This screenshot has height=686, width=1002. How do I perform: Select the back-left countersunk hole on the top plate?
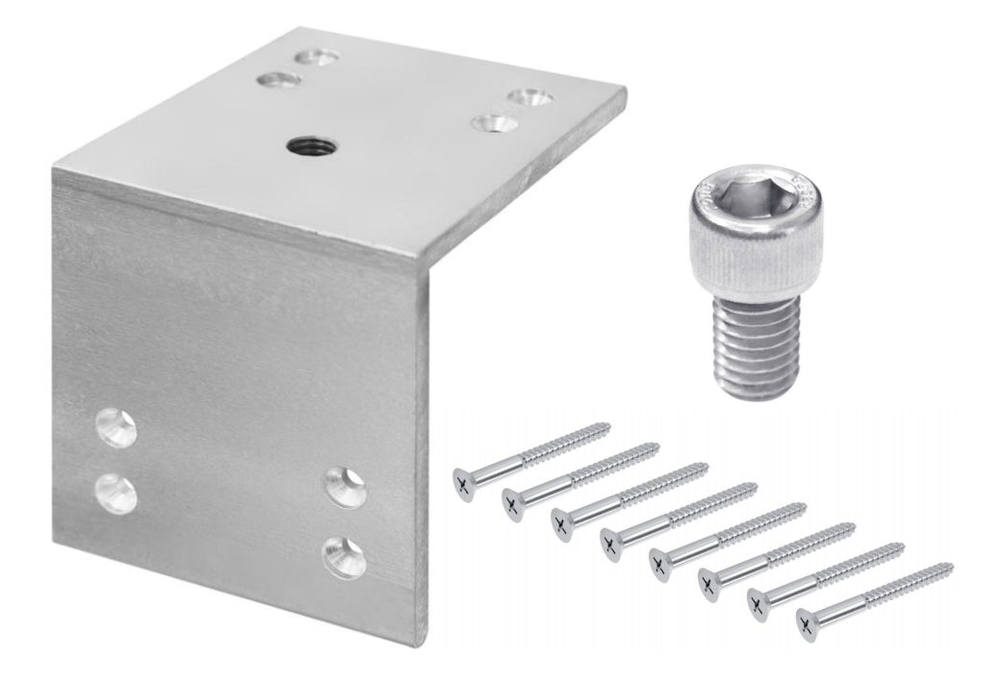click(317, 59)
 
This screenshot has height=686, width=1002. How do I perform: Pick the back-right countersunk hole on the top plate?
click(527, 98)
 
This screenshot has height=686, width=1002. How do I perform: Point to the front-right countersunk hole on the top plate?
click(495, 123)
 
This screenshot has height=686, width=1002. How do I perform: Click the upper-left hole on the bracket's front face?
click(115, 428)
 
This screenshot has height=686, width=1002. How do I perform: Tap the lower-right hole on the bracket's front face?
click(344, 556)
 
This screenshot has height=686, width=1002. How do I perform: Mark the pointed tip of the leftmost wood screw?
click(607, 423)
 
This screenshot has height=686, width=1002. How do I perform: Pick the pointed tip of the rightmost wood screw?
click(951, 565)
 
